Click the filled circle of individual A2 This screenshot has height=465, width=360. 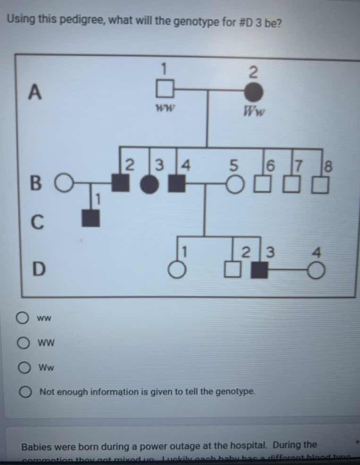click(x=253, y=91)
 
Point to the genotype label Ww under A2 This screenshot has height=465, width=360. click(x=254, y=112)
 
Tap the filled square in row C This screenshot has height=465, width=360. click(x=91, y=217)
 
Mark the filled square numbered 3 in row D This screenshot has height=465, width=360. click(x=258, y=270)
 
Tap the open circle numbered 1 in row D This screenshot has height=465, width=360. click(x=176, y=270)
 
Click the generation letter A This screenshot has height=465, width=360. click(x=33, y=91)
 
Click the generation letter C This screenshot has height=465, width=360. click(x=36, y=221)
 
